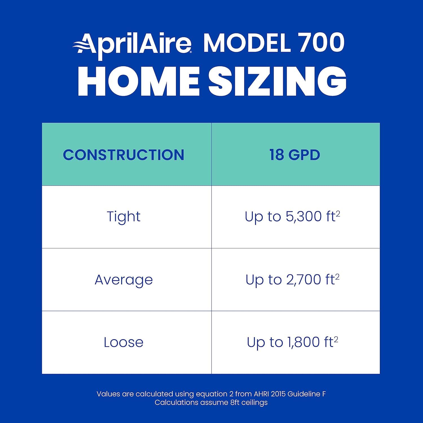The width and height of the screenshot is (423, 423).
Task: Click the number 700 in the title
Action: pos(322,43)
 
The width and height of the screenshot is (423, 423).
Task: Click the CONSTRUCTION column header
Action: pos(124,155)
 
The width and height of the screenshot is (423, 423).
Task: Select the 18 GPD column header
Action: pos(295,155)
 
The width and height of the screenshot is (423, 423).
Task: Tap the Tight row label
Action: pos(124,217)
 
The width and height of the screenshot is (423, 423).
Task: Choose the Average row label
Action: pos(124,280)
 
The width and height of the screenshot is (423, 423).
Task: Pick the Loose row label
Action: pos(124,342)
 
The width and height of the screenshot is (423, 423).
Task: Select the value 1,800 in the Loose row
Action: pos(305,342)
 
